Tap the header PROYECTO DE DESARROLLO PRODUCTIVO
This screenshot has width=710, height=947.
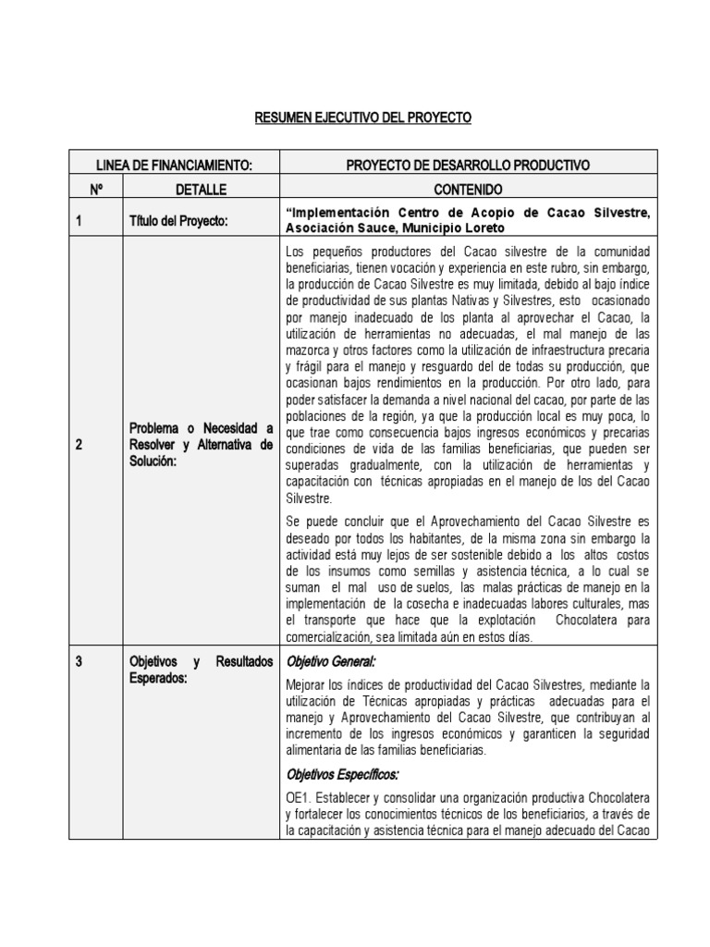coord(468,165)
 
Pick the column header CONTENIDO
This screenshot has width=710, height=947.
coord(468,189)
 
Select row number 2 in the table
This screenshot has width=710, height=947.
coord(80,445)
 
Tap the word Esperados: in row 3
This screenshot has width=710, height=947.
coord(160,677)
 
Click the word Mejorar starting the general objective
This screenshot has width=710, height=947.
coord(307,684)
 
